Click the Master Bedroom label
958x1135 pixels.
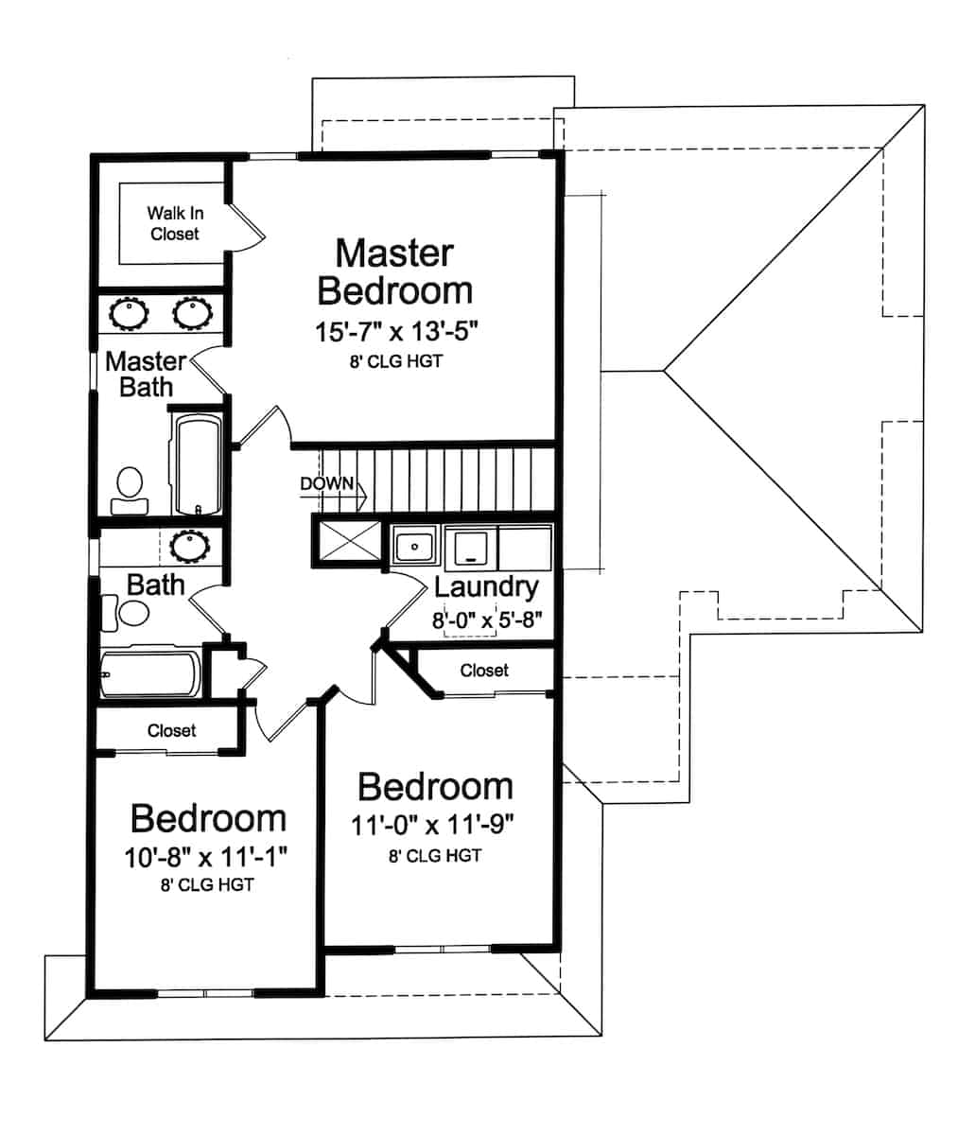point(394,271)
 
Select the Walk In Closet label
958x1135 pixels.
point(174,223)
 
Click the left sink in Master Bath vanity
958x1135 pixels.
point(128,313)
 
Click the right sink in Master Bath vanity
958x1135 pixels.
point(192,313)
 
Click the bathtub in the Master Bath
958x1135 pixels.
point(198,463)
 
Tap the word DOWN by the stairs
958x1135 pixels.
point(326,484)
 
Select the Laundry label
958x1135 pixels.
point(486,586)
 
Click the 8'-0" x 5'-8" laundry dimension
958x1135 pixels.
point(486,621)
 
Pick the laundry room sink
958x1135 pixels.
point(414,547)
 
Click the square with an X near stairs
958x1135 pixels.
point(346,542)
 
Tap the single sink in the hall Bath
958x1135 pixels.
point(190,546)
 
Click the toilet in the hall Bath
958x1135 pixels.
point(128,613)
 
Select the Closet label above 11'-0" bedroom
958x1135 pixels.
point(484,671)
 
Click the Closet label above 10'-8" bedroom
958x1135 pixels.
point(171,730)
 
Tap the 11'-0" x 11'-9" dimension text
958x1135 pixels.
point(432,825)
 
